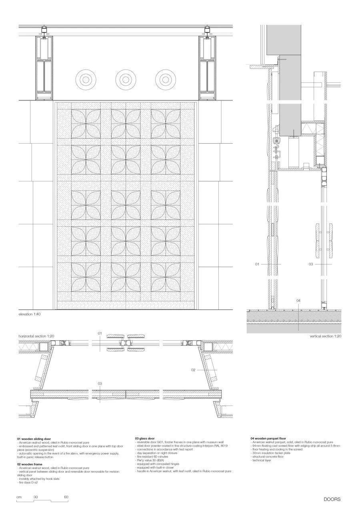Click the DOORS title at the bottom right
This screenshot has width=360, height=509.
click(332, 499)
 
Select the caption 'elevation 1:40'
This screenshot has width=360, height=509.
click(30, 314)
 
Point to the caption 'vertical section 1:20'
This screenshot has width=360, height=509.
click(326, 337)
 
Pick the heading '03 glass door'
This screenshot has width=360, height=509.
click(145, 439)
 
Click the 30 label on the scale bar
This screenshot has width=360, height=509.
click(36, 497)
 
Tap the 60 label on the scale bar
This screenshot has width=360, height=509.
click(66, 497)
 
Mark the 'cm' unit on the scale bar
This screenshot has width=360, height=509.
click(19, 497)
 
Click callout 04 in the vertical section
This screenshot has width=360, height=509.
click(298, 300)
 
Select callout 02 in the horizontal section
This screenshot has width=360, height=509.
click(193, 370)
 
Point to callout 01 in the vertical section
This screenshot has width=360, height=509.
click(258, 264)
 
